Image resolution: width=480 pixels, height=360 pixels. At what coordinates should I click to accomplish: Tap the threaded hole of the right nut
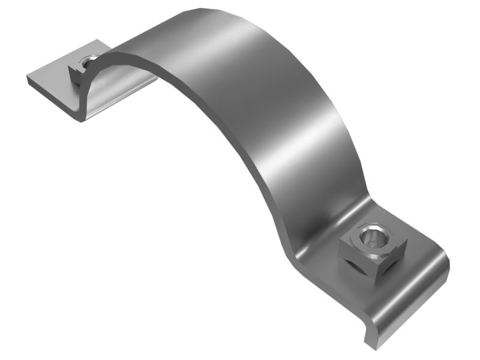373,238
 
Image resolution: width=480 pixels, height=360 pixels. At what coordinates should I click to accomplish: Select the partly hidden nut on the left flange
83,69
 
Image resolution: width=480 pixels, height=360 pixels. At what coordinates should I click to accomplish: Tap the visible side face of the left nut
77,77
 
